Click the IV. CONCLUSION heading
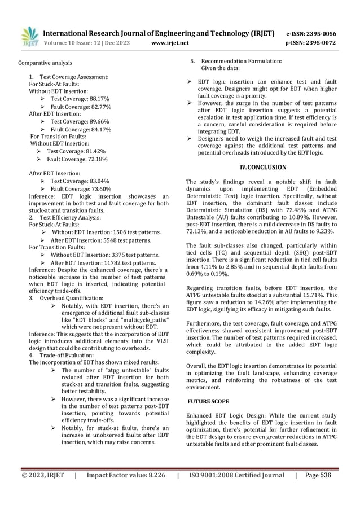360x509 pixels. (263, 167)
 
